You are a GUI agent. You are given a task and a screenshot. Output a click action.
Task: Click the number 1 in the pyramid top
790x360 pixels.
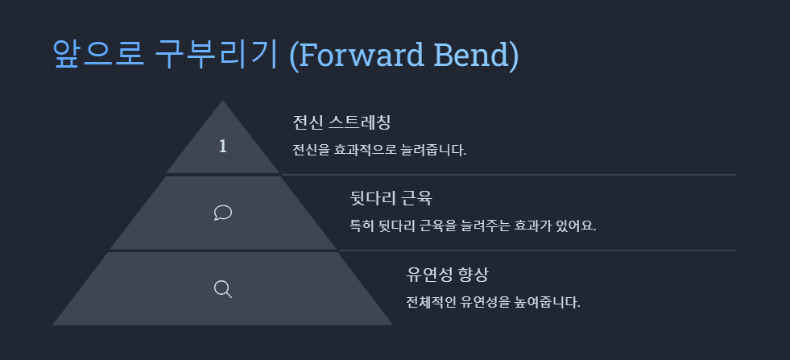tap(223, 147)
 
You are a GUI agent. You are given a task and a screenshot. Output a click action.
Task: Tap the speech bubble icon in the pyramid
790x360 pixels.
tap(223, 212)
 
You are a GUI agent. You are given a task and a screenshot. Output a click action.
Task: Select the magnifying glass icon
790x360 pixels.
tap(223, 288)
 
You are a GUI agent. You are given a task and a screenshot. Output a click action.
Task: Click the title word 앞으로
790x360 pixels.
tap(98, 54)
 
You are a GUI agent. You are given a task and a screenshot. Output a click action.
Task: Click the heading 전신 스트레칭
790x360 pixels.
tap(341, 122)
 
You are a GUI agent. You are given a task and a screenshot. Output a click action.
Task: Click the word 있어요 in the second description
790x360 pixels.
tap(575, 225)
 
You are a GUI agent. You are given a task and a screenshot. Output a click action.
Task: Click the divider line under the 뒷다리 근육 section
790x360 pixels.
tap(538, 250)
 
